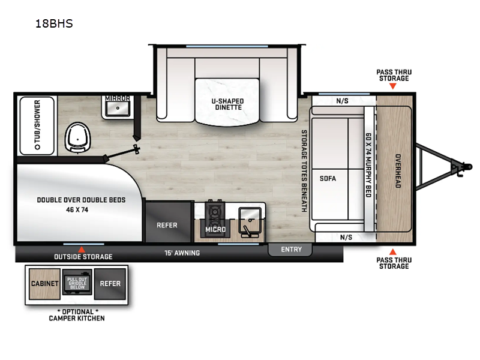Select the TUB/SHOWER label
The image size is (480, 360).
[37, 125]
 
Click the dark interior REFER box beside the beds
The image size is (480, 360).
[167, 225]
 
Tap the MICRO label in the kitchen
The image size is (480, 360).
[215, 230]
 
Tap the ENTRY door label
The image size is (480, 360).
[292, 249]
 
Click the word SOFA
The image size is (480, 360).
[328, 178]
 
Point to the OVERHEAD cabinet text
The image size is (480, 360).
[397, 172]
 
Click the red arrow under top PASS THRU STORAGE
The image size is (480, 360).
[392, 86]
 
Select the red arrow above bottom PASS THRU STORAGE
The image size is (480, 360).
[392, 251]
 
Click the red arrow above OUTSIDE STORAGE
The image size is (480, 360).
[82, 249]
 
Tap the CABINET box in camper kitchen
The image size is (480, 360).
[44, 283]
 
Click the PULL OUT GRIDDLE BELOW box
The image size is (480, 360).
[77, 283]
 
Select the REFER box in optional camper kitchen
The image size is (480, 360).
[110, 283]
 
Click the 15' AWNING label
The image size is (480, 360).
[182, 253]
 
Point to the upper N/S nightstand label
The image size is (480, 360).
[342, 101]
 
